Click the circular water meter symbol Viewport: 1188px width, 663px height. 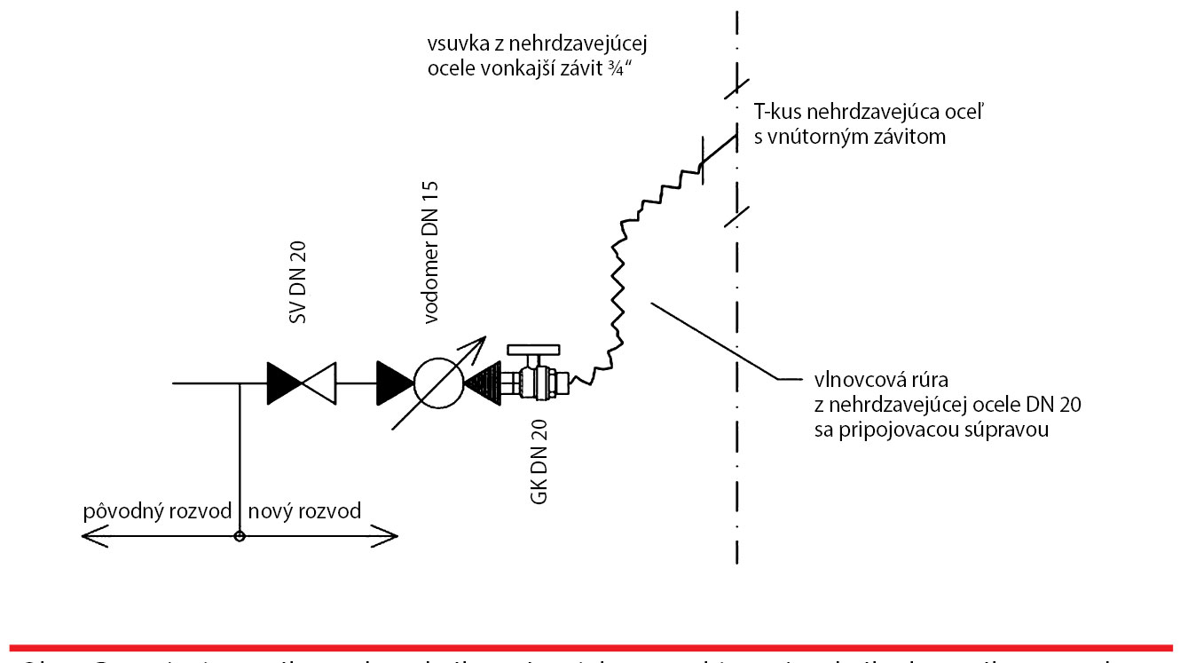click(x=437, y=384)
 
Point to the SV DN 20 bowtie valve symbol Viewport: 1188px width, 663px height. click(x=302, y=383)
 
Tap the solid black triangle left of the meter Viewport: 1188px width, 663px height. click(x=394, y=383)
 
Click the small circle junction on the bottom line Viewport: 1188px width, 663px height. click(x=238, y=536)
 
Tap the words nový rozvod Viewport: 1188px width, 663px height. click(x=304, y=512)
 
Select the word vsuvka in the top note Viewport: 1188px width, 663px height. click(x=451, y=43)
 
